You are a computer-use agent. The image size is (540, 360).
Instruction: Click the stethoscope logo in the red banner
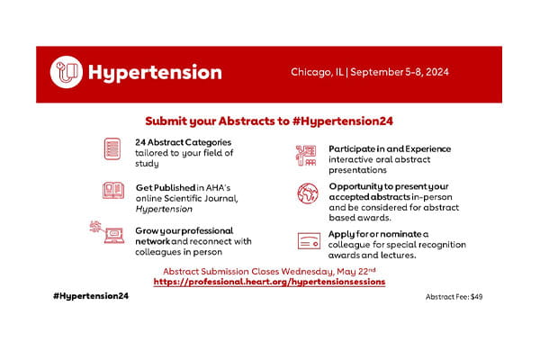pos(67,71)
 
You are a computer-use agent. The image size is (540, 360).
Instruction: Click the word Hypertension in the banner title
pos(153,72)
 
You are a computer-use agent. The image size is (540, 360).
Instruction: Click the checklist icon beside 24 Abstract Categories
pos(112,148)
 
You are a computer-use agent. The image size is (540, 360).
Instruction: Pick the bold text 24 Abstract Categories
pos(183,142)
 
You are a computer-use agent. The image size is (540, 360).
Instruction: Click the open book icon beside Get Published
pos(112,192)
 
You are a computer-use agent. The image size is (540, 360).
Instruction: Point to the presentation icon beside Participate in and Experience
pos(306,156)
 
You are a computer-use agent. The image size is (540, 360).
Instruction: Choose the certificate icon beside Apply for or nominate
pos(308,240)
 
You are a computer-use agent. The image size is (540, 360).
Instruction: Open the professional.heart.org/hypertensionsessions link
pos(269,282)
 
